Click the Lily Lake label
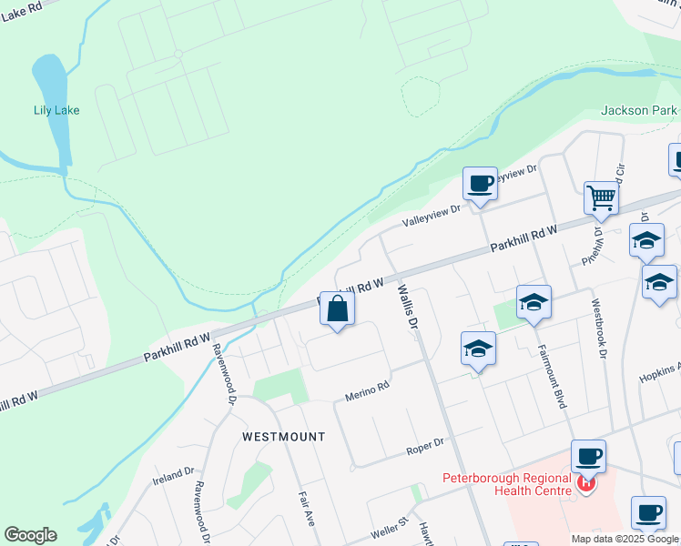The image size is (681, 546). coord(56,110)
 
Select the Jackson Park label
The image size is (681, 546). coord(638,111)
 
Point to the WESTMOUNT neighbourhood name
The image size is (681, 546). coord(283,437)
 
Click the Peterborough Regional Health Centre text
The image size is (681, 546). coord(506,484)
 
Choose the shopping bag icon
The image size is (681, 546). coord(337,309)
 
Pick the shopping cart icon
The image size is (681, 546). coord(601,197)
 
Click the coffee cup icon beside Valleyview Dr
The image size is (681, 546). coord(480,184)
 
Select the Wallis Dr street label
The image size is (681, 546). coord(406,307)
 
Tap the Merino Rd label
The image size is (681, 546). coord(366,391)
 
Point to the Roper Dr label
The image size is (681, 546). coord(424,443)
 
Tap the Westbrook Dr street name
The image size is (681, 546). coord(597,329)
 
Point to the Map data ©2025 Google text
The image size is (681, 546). coord(625,539)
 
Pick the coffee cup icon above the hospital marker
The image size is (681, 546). coord(588,456)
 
